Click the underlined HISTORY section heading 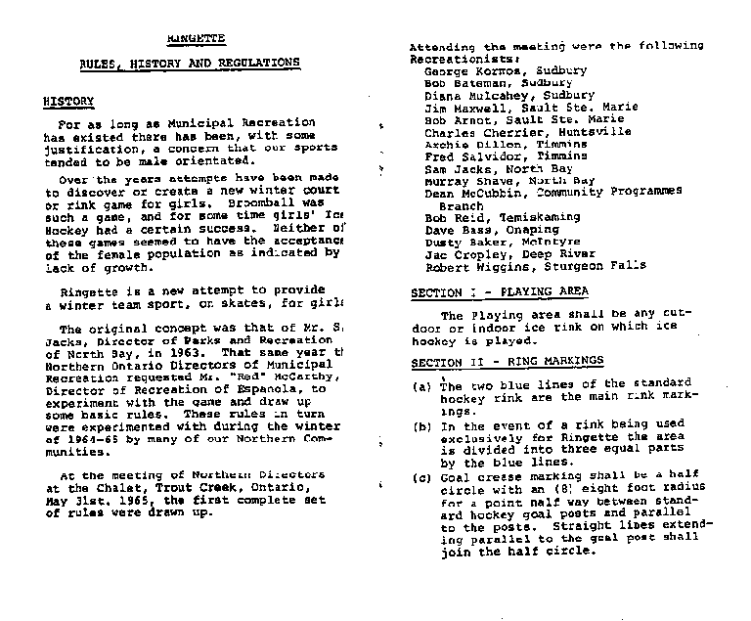[x=68, y=101]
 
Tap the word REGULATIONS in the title [x=252, y=63]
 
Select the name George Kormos [x=464, y=71]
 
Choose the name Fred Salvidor [x=460, y=156]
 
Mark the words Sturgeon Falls [x=593, y=266]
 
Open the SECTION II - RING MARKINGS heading [x=507, y=362]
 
